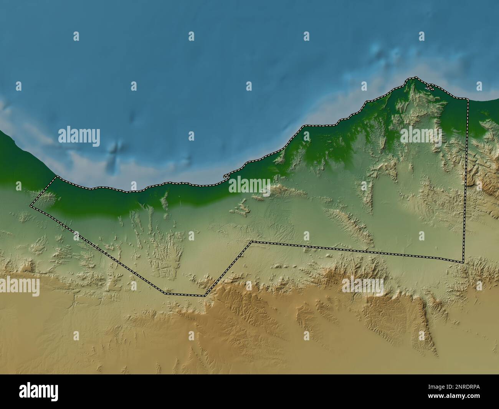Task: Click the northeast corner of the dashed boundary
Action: coord(468,99)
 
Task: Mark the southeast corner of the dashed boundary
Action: coord(463,262)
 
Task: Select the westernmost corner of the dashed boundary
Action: coord(31,206)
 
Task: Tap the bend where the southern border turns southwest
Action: coord(252,242)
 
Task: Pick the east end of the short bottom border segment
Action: coord(205,296)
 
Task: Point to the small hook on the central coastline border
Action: coord(225,177)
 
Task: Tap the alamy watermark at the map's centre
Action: coord(249,185)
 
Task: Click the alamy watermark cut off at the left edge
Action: coord(19,286)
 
